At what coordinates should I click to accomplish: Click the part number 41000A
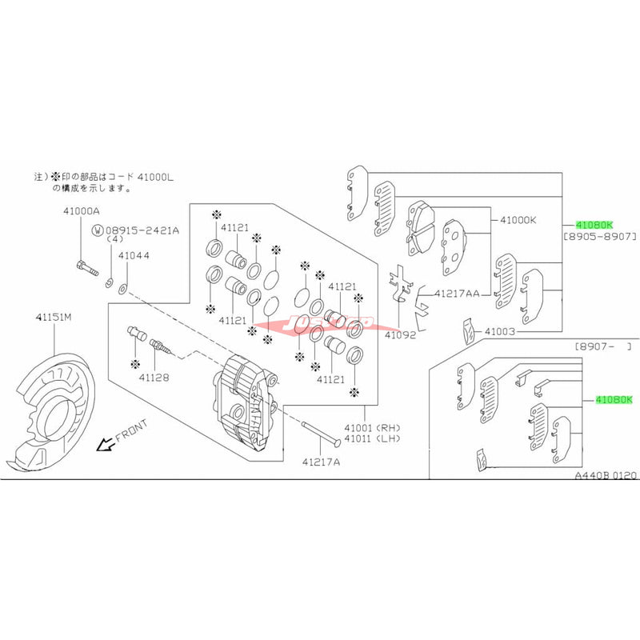point(82,212)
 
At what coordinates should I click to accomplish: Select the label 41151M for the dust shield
point(52,318)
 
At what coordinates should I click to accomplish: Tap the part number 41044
point(133,256)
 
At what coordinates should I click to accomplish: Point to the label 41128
point(153,377)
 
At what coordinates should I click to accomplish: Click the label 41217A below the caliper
point(322,462)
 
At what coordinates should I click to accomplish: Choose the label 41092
point(401,337)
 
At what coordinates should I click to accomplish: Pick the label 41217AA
point(457,294)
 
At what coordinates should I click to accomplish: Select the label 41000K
point(518,219)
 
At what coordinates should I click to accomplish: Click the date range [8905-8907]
point(601,238)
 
